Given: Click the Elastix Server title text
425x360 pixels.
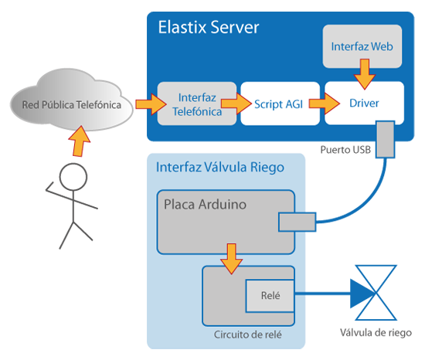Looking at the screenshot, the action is coord(209,27).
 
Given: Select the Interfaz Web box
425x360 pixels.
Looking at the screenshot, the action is coord(362,46).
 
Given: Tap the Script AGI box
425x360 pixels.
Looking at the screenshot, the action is coord(280,104).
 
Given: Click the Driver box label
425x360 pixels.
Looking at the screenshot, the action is coord(364,104).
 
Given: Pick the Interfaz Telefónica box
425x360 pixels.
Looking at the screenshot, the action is coord(197,104).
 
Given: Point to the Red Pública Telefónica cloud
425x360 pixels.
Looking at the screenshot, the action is coord(72,100).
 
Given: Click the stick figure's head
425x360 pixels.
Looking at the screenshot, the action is coord(73,177).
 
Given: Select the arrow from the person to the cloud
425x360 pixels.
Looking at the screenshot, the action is coord(79,141).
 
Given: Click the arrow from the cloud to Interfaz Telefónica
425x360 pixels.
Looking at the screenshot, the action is coord(151,104).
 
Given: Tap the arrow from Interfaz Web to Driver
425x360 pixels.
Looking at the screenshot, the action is coord(365,74).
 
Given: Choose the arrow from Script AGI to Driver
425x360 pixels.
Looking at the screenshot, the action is coord(325,104).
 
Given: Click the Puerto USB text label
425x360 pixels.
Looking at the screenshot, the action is coord(345,150).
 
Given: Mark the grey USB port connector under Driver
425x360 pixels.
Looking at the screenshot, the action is coord(385,139).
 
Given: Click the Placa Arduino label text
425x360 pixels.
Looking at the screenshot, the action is coord(206,204).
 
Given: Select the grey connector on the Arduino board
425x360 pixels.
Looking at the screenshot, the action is coord(297,222).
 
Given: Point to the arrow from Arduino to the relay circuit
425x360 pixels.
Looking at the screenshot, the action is coord(232,259).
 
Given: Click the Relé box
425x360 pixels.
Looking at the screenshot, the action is coord(270,296).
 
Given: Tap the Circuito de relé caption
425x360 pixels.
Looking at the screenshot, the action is coord(248,335).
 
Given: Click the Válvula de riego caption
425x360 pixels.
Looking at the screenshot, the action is coord(376,333).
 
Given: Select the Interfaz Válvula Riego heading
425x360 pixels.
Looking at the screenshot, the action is coord(220,167).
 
